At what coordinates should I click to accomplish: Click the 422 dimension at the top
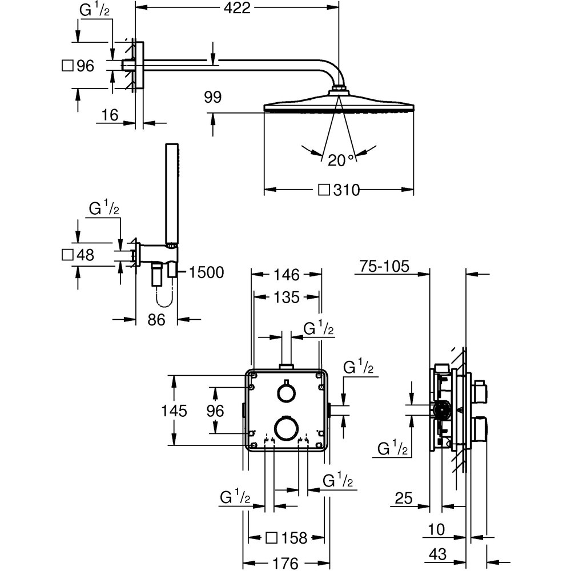tap(236, 8)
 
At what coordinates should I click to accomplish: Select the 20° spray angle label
tap(341, 160)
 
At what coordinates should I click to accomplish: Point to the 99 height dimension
tap(212, 98)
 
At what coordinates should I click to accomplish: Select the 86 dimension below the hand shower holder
tap(156, 320)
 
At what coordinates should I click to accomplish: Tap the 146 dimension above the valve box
tap(286, 275)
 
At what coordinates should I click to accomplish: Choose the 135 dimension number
tap(286, 297)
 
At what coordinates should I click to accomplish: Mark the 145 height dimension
tap(175, 411)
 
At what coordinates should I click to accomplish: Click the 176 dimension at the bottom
tap(285, 563)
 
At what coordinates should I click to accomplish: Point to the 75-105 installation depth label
tap(385, 267)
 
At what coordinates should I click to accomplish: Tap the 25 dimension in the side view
tap(403, 498)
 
